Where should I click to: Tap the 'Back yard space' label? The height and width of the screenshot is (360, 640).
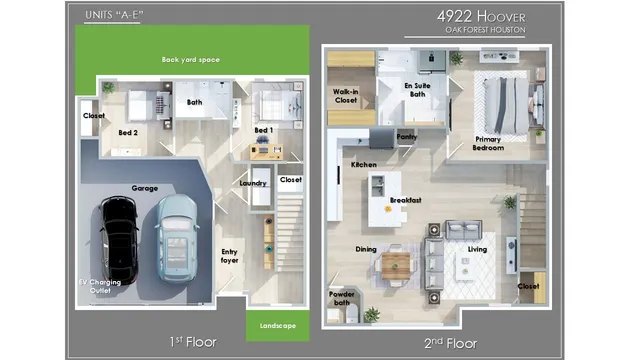click(191, 60)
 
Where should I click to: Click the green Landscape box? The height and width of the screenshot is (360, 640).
click(277, 324)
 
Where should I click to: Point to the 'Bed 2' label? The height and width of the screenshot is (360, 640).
click(128, 132)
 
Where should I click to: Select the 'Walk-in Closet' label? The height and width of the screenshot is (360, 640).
click(346, 95)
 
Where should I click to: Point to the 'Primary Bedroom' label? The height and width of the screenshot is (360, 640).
click(488, 143)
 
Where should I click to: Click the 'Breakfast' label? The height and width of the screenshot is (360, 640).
click(405, 200)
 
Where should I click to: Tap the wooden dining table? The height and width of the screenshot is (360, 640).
click(396, 264)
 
